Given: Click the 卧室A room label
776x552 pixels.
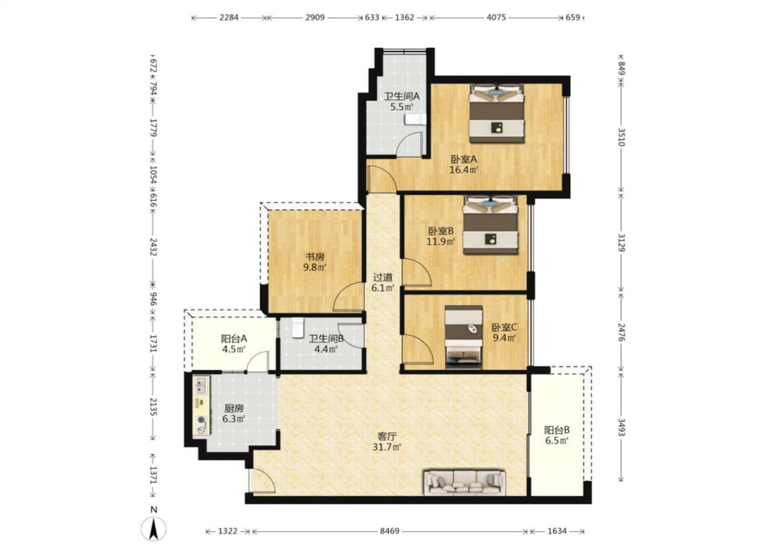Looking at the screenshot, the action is [x=464, y=159].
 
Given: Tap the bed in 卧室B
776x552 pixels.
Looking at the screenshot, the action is [x=490, y=225].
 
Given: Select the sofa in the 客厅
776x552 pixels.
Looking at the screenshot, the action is [x=464, y=482].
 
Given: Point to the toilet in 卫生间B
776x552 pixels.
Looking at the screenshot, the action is [x=297, y=328].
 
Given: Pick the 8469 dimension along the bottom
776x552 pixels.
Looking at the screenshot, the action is [x=390, y=531].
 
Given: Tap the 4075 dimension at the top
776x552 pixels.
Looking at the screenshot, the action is [x=497, y=17].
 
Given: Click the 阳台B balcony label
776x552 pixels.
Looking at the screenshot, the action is [x=557, y=430].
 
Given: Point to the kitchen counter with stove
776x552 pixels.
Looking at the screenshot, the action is [x=201, y=405].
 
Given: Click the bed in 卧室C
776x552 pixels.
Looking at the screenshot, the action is [x=464, y=337].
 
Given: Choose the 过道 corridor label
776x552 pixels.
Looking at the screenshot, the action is [x=383, y=277].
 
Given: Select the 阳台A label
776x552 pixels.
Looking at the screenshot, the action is [x=234, y=339].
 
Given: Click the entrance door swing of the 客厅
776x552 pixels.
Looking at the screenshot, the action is [x=262, y=480].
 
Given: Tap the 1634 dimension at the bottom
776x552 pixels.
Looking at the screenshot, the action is [x=557, y=531].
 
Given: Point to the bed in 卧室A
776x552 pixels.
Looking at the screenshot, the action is [x=497, y=115].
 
